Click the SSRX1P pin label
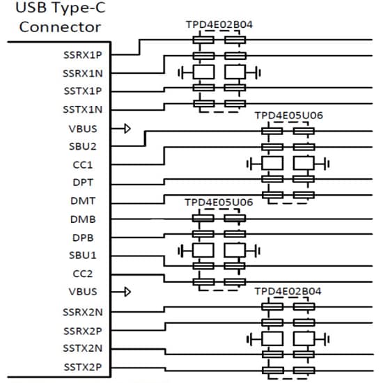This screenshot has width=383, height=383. click(x=82, y=54)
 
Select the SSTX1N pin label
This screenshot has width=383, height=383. click(x=82, y=109)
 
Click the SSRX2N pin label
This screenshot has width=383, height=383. click(x=82, y=312)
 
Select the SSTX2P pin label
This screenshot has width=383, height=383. click(x=82, y=366)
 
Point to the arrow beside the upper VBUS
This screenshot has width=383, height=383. click(x=127, y=128)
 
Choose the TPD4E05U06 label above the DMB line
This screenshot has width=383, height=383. click(x=219, y=201)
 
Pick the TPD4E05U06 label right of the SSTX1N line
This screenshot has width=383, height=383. click(x=288, y=115)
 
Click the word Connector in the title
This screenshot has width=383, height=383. click(x=60, y=27)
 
